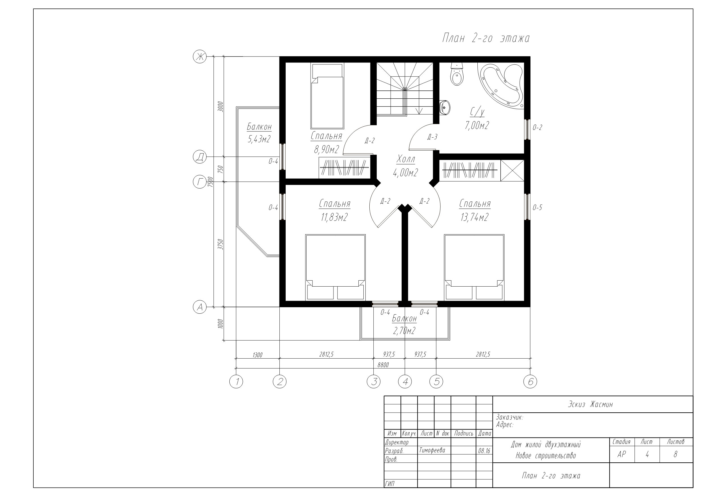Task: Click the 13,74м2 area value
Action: click(x=474, y=217)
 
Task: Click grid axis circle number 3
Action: click(x=374, y=382)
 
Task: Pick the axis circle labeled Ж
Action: click(x=200, y=57)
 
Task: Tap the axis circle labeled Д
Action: click(x=200, y=157)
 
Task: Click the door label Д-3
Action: click(x=432, y=137)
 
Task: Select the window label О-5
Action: click(x=537, y=207)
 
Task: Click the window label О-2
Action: click(x=537, y=127)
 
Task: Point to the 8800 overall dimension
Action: click(x=383, y=365)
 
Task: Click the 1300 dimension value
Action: click(x=257, y=355)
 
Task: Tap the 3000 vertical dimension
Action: click(x=221, y=107)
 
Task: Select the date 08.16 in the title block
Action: click(x=484, y=451)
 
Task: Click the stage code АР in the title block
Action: click(x=622, y=454)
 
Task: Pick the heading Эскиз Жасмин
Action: click(x=590, y=404)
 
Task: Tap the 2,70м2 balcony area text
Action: click(x=404, y=331)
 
